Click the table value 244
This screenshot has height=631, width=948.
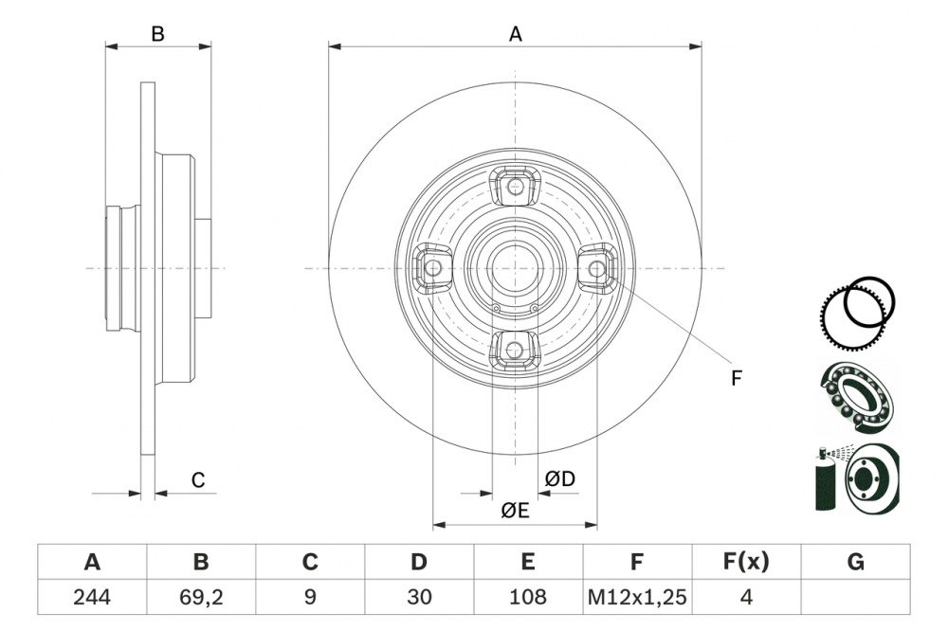point(92,597)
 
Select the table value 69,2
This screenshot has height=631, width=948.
point(201,597)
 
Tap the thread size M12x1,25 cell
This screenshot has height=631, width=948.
point(637,597)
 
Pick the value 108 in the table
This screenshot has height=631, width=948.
point(528,597)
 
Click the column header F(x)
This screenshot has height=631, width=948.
point(746,563)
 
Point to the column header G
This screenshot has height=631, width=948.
point(855,563)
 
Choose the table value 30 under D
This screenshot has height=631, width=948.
point(419,597)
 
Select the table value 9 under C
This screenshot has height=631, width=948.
point(310,597)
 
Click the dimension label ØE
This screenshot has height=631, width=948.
point(515,511)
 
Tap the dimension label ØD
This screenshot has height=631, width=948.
point(560,479)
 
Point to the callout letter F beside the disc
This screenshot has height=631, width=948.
point(736,379)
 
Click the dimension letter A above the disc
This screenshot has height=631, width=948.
point(515,34)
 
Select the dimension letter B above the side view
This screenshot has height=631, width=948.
point(158,34)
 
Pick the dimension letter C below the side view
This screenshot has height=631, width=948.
point(197,480)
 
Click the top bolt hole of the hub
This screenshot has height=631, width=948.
point(515,187)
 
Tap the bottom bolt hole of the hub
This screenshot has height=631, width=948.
point(515,350)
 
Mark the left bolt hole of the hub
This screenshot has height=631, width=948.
point(433,268)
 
